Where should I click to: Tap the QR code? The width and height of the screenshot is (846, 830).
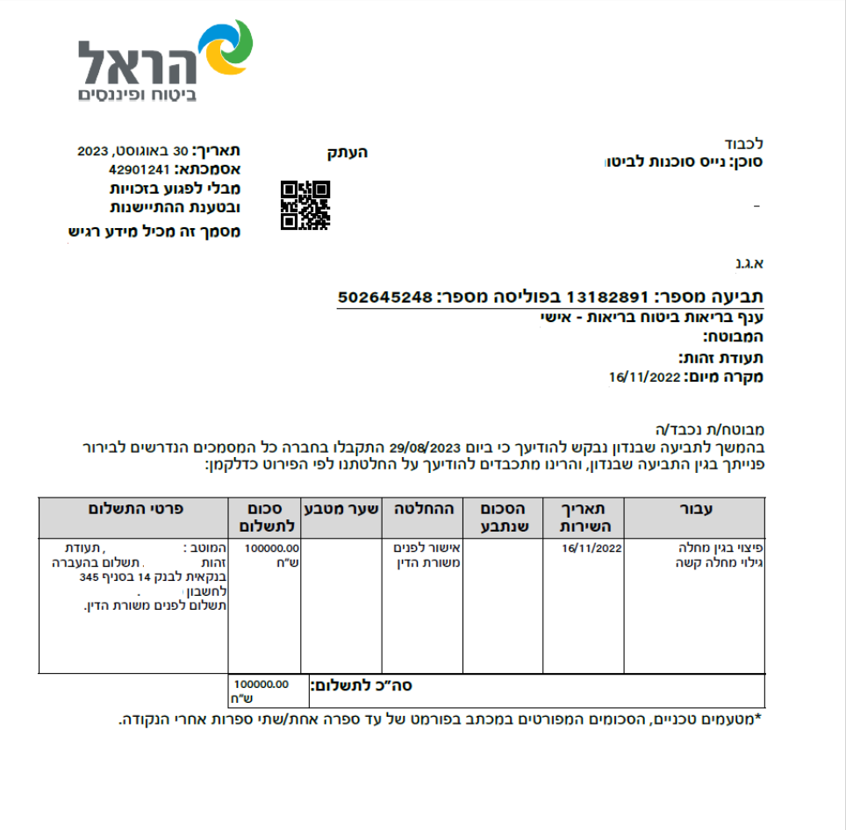(x=305, y=205)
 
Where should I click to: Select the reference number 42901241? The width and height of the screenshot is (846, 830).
(x=139, y=168)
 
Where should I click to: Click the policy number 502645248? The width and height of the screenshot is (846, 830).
(x=386, y=297)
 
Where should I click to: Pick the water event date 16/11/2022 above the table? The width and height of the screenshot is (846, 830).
(x=645, y=377)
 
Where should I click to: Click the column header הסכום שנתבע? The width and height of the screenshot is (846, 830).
(x=502, y=517)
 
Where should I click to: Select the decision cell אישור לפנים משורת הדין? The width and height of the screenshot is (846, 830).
(x=425, y=555)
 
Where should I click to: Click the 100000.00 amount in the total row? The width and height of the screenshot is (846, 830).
(x=262, y=684)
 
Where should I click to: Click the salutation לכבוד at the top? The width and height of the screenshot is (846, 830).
(x=745, y=143)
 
